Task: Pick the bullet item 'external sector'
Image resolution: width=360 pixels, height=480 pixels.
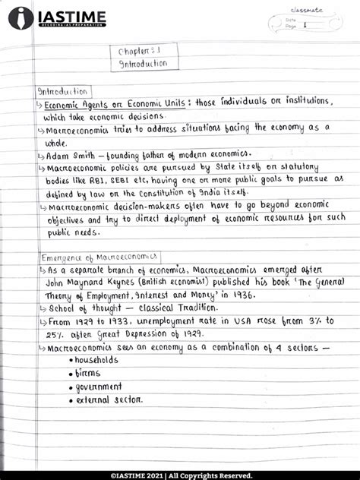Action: point(109,399)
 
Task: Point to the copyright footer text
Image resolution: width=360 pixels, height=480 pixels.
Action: point(179,474)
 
